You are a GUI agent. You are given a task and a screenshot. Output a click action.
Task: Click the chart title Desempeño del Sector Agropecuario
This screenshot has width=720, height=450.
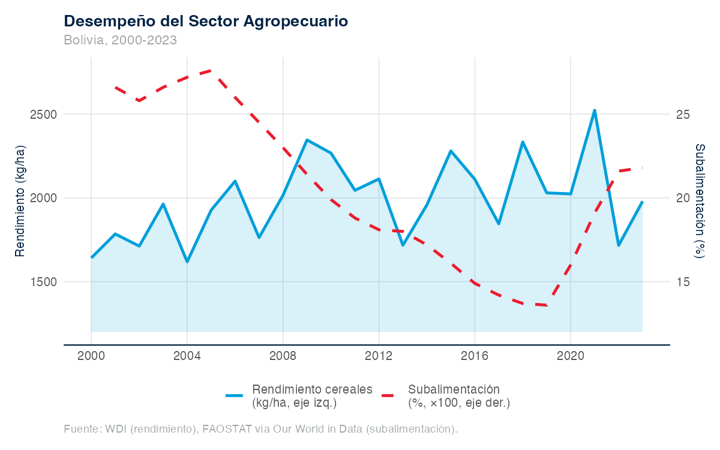pyautogui.click(x=206, y=21)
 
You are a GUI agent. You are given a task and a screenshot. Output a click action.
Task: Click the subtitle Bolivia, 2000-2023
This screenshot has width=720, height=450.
pyautogui.click(x=120, y=40)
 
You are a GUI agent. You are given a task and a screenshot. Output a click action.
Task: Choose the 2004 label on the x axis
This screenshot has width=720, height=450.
pyautogui.click(x=187, y=355)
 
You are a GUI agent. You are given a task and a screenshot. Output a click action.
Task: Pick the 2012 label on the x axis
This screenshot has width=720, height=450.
pyautogui.click(x=379, y=355)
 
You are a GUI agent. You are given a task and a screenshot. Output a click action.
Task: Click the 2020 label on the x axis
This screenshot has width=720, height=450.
pyautogui.click(x=571, y=355)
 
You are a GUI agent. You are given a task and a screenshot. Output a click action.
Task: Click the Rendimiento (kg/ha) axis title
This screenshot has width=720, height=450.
pyautogui.click(x=20, y=200)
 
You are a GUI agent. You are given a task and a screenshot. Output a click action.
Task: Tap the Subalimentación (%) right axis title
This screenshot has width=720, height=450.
pyautogui.click(x=700, y=200)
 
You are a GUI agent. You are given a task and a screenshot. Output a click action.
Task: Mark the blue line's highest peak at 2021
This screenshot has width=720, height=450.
pyautogui.click(x=595, y=110)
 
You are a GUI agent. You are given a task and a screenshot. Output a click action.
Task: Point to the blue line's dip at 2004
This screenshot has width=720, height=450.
pyautogui.click(x=187, y=262)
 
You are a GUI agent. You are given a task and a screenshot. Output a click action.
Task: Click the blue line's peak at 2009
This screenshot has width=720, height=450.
pyautogui.click(x=307, y=140)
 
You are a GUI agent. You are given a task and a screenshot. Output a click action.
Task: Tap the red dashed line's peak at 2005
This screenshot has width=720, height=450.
pyautogui.click(x=211, y=70)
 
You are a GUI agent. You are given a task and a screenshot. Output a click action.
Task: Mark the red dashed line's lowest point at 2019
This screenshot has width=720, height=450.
pyautogui.click(x=547, y=305)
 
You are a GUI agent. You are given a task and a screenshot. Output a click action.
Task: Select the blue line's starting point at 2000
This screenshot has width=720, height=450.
pyautogui.click(x=91, y=257)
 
